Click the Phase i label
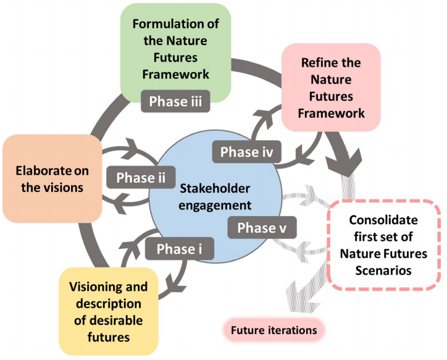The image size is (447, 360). [x=180, y=249]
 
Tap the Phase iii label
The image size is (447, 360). [x=175, y=101]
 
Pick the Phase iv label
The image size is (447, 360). [x=246, y=152]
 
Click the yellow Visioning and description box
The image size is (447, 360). [x=109, y=311]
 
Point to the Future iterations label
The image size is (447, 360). [x=274, y=330]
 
